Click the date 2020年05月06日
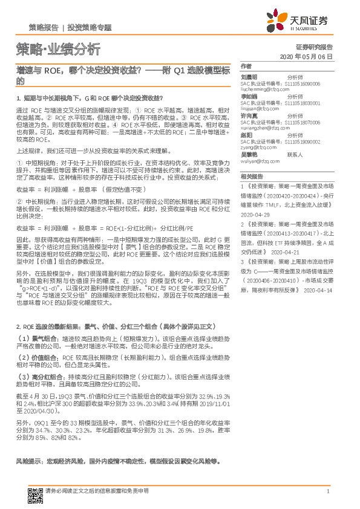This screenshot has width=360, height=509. click(307, 56)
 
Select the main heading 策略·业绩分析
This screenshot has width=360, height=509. click(57, 49)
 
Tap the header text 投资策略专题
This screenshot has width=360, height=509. click(90, 28)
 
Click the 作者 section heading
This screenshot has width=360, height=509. click(245, 66)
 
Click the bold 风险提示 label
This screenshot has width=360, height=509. click(28, 461)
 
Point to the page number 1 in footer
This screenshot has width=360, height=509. click(327, 491)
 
